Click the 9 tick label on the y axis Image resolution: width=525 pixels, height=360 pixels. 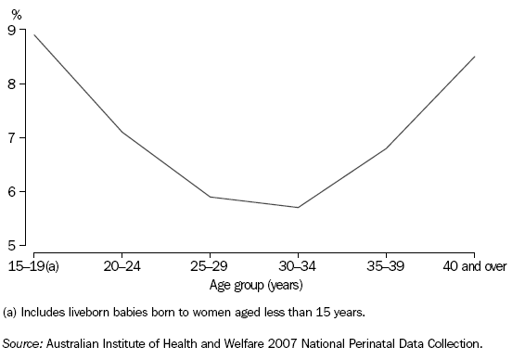point(11,30)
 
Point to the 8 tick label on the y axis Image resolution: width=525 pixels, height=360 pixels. point(11,84)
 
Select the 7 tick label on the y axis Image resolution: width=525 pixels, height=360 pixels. point(11,137)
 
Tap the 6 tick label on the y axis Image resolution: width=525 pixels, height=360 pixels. point(11,191)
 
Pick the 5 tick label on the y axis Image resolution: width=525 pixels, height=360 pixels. point(11,245)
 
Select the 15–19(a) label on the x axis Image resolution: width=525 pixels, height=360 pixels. point(34,267)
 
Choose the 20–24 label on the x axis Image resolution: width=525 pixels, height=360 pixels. point(122,267)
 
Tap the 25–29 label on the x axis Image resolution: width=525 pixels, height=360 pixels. point(210,267)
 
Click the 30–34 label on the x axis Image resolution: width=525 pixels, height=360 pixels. point(298,267)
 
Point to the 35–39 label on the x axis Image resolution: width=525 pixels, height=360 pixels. point(386,267)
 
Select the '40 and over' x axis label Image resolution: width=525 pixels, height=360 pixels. point(474,267)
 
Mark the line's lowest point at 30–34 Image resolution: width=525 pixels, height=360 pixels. point(298,207)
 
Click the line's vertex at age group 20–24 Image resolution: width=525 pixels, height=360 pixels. point(122,132)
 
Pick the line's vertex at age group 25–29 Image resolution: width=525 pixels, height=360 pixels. point(210,197)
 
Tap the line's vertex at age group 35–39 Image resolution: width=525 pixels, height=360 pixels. point(386,148)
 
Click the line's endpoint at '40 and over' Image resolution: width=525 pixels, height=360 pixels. point(474,57)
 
